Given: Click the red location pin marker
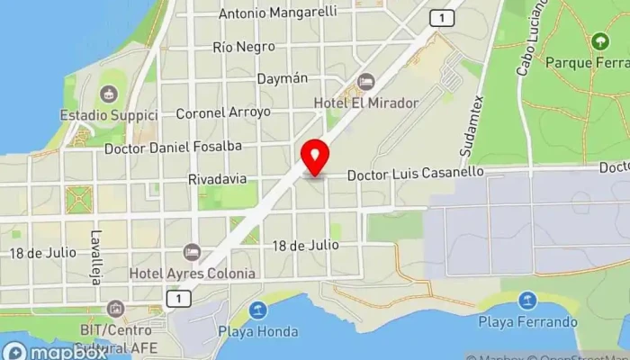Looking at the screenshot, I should tap(314, 157).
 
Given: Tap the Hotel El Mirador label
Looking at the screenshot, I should tap(365, 103).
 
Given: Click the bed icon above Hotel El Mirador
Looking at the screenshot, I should tap(365, 82).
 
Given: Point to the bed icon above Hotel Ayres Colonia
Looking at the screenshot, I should tap(191, 252).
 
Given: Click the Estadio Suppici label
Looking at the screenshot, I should tap(109, 115).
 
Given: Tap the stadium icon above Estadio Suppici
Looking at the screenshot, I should tap(109, 94).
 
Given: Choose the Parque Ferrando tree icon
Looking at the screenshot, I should tap(599, 41).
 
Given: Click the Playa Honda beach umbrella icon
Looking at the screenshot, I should tap(258, 310).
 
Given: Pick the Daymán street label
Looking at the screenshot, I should tap(282, 79).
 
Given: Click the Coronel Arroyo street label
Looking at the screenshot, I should tap(223, 112).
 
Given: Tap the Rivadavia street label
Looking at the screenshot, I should tap(217, 178).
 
